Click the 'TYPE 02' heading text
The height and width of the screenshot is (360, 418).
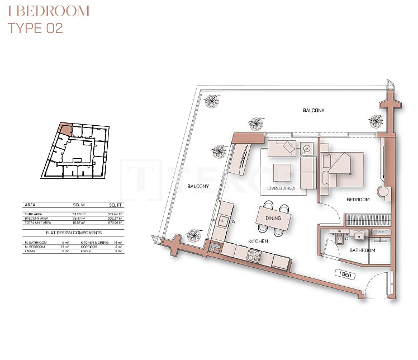(x=35, y=28)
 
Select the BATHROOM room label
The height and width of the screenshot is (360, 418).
(x=362, y=250)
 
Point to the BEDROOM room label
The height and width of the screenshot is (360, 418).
(x=358, y=200)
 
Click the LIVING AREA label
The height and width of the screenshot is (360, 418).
(x=281, y=189)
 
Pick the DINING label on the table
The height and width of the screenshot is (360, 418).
(x=273, y=218)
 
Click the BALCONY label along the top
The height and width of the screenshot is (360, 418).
(x=313, y=111)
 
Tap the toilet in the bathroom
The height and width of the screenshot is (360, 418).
(x=340, y=238)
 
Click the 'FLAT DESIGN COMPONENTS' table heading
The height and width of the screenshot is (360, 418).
(x=73, y=232)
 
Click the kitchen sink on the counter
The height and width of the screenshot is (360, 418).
(x=223, y=221)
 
